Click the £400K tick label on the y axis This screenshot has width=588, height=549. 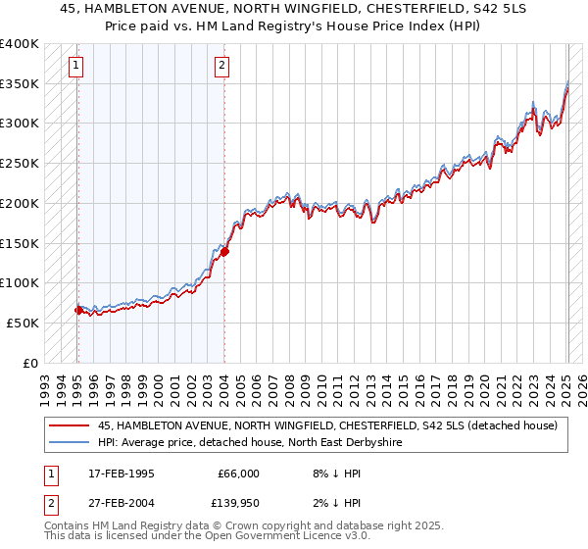tap(20, 44)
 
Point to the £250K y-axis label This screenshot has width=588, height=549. tap(20, 163)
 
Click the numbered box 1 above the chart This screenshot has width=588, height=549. tap(76, 66)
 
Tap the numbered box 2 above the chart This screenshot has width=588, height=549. tap(222, 66)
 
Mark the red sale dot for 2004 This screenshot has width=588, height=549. tap(224, 251)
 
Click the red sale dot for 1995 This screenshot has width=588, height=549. tap(78, 310)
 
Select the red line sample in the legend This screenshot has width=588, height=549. tap(71, 425)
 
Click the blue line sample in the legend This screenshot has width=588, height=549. tap(71, 442)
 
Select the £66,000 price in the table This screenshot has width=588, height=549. tap(238, 474)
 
